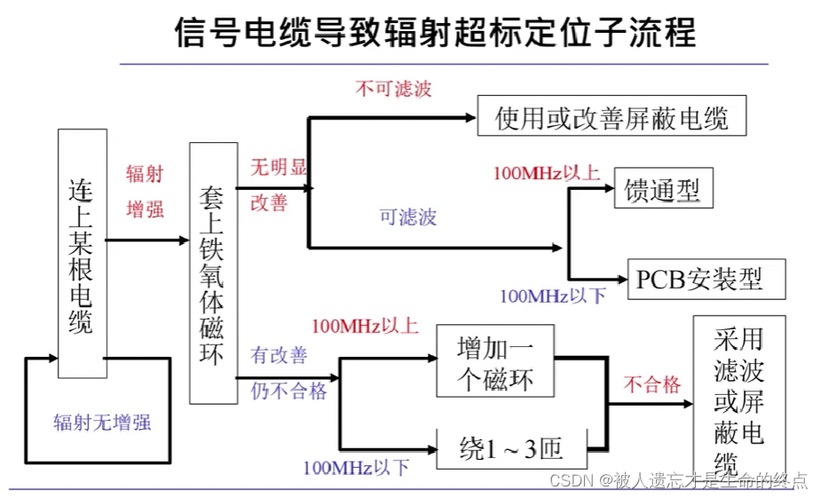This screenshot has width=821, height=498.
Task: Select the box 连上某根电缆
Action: pyautogui.click(x=82, y=254)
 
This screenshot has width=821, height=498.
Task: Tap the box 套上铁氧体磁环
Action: pyautogui.click(x=213, y=273)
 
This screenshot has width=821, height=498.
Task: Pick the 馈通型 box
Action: pyautogui.click(x=662, y=189)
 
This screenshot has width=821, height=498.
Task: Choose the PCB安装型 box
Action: pyautogui.click(x=699, y=280)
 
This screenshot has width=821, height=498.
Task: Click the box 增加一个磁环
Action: pyautogui.click(x=495, y=360)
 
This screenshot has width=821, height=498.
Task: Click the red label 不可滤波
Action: pyautogui.click(x=393, y=89)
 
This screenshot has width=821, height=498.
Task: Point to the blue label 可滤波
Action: pyautogui.click(x=407, y=217)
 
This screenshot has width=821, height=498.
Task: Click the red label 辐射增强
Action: pyautogui.click(x=145, y=192)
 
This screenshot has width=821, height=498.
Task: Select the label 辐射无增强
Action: pyautogui.click(x=101, y=422)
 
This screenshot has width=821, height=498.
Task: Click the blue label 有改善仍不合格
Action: pyautogui.click(x=287, y=373)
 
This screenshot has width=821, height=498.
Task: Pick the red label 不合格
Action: pyautogui.click(x=651, y=383)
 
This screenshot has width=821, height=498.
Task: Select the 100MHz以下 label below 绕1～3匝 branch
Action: pyautogui.click(x=356, y=468)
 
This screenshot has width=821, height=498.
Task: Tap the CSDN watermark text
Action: pyautogui.click(x=678, y=480)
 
